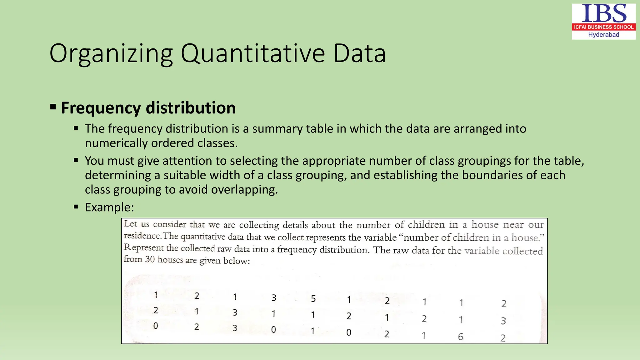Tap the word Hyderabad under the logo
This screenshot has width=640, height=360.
(x=603, y=35)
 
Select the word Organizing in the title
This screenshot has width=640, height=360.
(x=111, y=54)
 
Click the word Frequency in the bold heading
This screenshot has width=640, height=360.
(x=101, y=108)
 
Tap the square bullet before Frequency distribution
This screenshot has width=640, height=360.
(x=53, y=107)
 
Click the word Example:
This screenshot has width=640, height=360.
(x=109, y=207)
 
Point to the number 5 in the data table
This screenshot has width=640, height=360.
(x=313, y=299)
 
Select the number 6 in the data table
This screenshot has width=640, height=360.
(x=460, y=337)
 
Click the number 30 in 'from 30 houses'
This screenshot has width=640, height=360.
(x=150, y=259)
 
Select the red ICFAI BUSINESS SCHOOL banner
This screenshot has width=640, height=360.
(x=603, y=27)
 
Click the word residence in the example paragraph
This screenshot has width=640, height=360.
(x=142, y=236)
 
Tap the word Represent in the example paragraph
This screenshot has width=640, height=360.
(x=143, y=248)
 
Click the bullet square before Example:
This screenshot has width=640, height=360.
(x=76, y=207)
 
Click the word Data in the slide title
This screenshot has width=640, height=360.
(x=360, y=54)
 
